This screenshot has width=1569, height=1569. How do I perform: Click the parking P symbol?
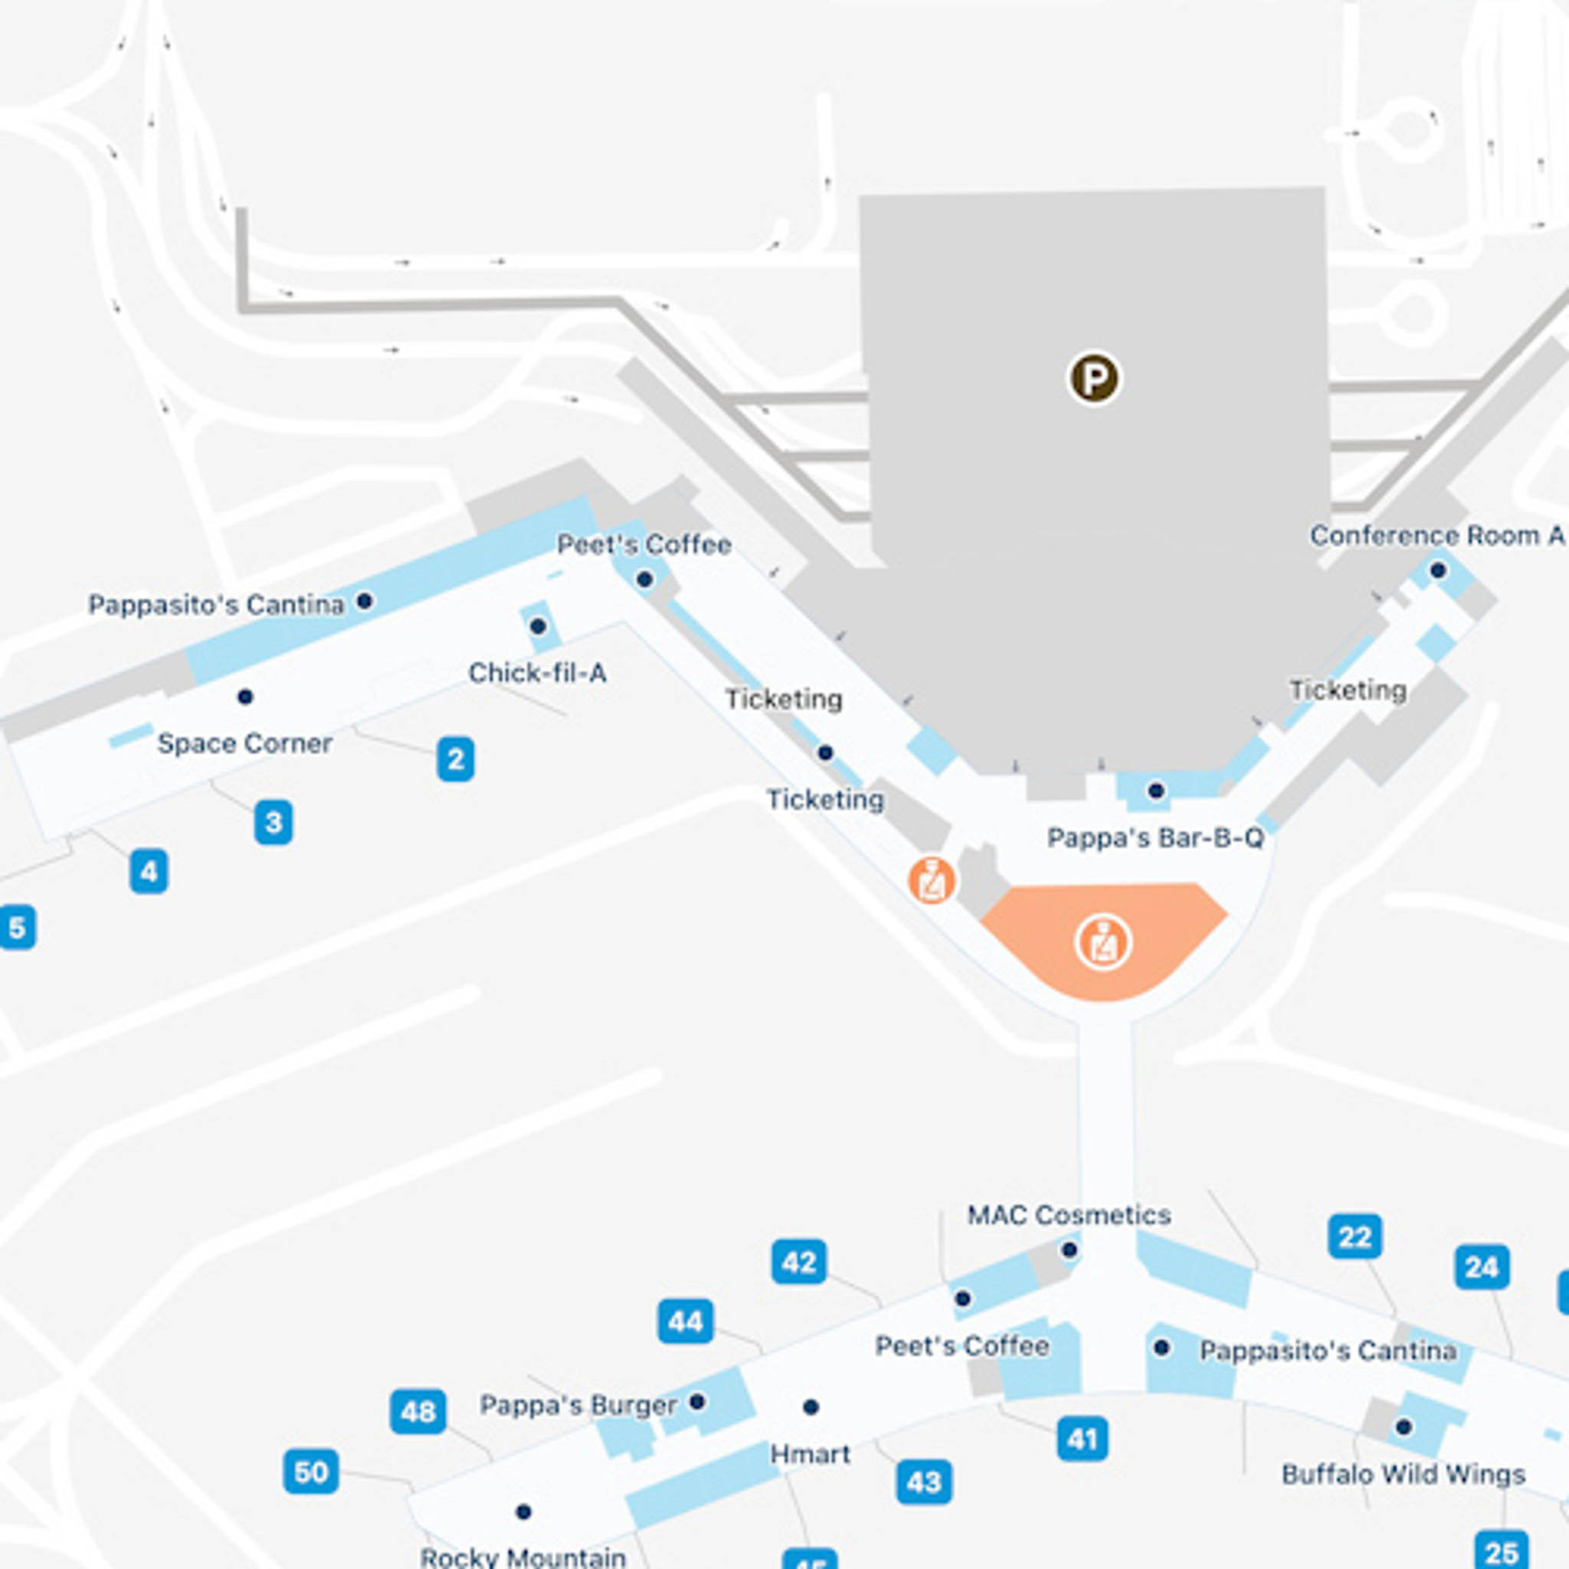(1093, 378)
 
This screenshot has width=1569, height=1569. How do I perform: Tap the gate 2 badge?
(456, 758)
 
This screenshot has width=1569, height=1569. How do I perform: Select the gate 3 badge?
(274, 823)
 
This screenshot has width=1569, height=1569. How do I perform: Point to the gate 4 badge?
(149, 871)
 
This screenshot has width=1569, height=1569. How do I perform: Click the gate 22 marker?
(1354, 1237)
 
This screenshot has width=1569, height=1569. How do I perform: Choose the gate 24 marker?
(1482, 1267)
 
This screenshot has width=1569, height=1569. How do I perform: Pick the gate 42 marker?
(799, 1262)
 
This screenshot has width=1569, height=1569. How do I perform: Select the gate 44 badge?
(686, 1322)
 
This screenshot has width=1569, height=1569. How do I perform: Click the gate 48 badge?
(418, 1411)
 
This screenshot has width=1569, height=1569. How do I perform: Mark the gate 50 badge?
(311, 1472)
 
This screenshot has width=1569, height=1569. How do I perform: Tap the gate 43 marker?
(924, 1482)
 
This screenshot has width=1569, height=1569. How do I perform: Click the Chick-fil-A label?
(538, 673)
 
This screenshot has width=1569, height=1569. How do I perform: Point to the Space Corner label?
(244, 743)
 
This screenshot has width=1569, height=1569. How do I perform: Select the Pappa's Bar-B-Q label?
(1155, 838)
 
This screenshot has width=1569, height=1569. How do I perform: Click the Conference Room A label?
(1436, 536)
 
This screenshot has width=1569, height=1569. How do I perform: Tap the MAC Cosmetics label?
(1069, 1215)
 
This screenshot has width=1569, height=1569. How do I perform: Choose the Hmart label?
(810, 1453)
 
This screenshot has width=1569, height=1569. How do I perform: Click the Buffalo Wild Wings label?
(1404, 1474)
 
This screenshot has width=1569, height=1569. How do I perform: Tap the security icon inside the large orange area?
(1103, 944)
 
